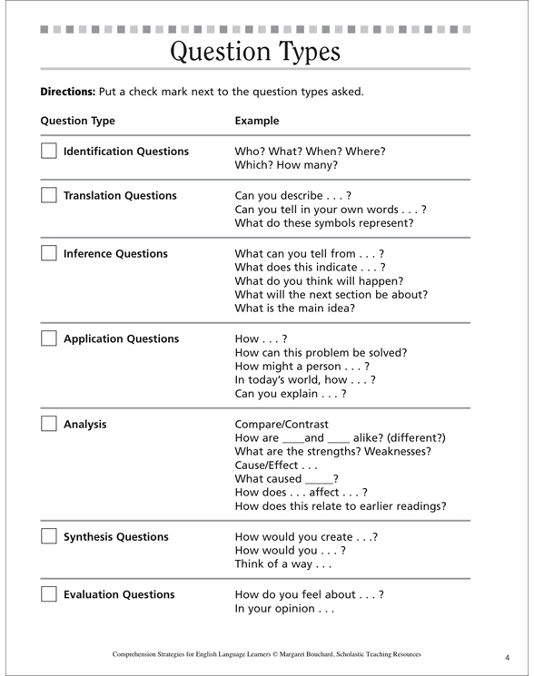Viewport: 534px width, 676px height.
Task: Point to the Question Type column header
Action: coord(79,120)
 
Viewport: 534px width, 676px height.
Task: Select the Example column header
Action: coord(257,120)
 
